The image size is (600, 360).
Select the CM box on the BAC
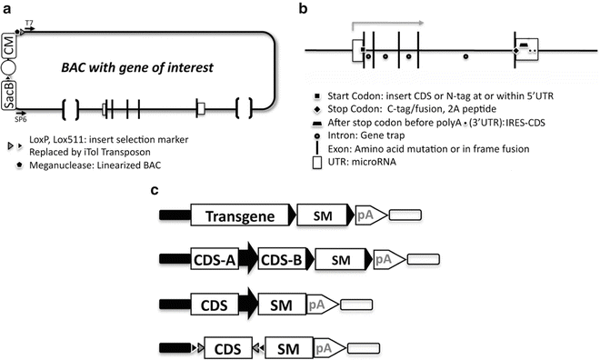coord(8,46)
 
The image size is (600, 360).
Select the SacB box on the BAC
coord(8,92)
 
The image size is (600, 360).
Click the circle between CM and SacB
coord(8,69)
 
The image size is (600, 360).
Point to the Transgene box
coord(240,217)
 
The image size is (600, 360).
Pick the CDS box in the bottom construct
coord(227,346)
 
